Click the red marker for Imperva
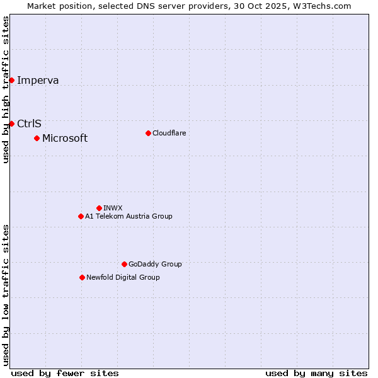11,80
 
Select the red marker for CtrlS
11,123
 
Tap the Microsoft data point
37,138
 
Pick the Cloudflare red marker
148,133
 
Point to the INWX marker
99,208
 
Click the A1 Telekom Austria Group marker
81,216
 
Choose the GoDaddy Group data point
124,264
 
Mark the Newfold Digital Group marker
82,277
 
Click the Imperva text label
38,80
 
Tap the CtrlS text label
29,123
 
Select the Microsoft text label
65,138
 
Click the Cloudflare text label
169,133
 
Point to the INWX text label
113,208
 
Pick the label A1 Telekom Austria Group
129,216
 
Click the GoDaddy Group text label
155,264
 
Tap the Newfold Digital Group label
123,277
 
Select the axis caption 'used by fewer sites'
65,373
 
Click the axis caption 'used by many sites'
316,373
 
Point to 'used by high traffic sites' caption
6,89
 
